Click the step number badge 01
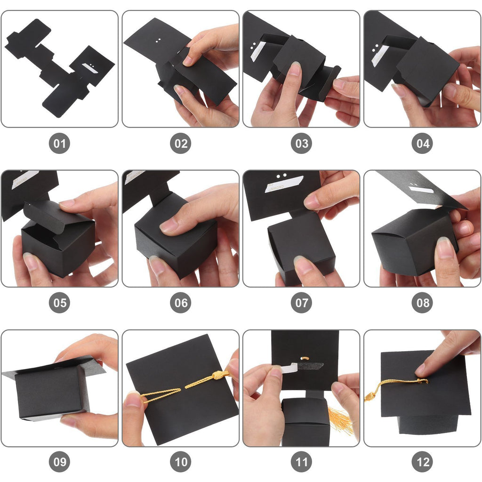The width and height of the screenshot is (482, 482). click(59, 143)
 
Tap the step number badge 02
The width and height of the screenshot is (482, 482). click(180, 143)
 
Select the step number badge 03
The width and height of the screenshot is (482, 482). click(301, 143)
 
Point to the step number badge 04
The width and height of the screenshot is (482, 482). click(422, 143)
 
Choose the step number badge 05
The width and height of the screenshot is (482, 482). click(59, 303)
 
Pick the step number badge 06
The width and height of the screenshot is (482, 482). click(180, 303)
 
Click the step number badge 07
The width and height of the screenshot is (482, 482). click(301, 303)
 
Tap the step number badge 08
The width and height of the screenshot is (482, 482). click(422, 303)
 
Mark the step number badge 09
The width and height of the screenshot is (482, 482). click(59, 462)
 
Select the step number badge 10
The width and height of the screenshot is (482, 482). click(180, 462)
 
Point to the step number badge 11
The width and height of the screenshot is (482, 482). click(301, 462)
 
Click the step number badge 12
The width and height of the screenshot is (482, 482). click(422, 462)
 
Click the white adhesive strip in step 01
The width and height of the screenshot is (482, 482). click(90, 68)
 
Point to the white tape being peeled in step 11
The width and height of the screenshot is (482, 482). click(289, 367)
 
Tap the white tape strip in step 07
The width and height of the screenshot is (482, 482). click(284, 184)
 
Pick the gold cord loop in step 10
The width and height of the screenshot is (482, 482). click(161, 395)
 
